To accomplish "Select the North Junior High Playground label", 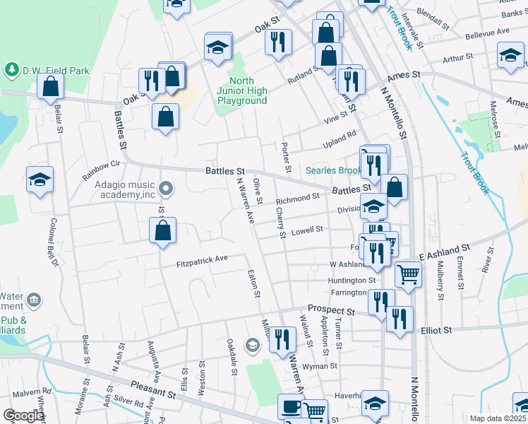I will point(242,91).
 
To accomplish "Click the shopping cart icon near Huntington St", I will point(408,273).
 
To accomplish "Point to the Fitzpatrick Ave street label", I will point(202,259).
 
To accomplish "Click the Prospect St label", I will point(330,310).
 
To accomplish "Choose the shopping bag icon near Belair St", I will point(51,86).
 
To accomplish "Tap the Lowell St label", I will point(307,230).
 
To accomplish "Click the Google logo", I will point(23,416).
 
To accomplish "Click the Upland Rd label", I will point(342,136).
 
